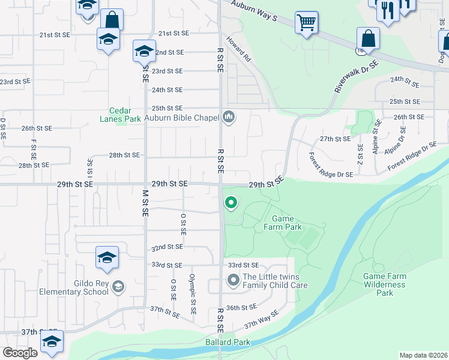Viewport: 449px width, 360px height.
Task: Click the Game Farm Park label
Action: (282, 223)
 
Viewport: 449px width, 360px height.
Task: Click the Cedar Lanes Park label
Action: (125, 115)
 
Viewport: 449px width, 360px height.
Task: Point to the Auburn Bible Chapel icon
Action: (228, 116)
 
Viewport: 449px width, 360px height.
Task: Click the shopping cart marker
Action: (306, 23)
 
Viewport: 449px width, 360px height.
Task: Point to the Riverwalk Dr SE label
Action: (357, 76)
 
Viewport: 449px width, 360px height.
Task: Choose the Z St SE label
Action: (360, 155)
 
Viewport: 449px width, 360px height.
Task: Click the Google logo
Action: (20, 353)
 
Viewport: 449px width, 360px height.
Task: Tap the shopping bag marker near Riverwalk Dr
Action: (368, 39)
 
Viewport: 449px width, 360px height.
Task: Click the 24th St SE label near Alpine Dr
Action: (404, 79)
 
